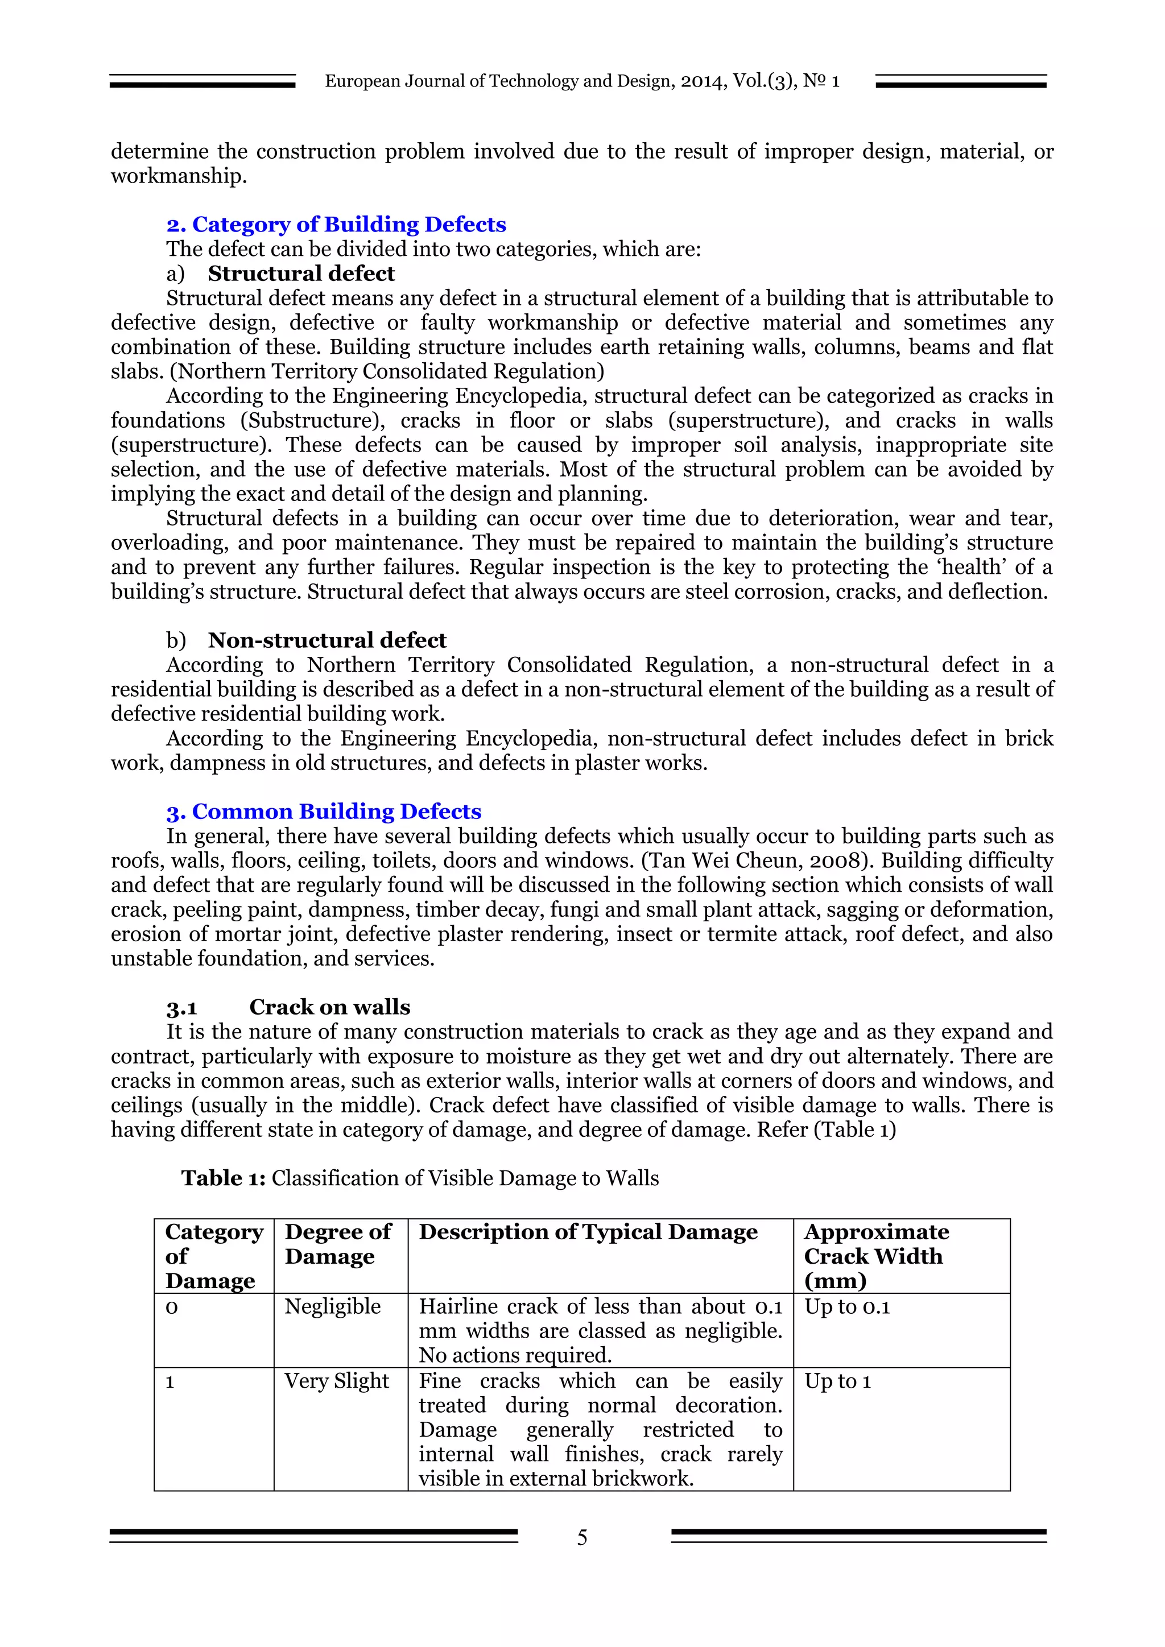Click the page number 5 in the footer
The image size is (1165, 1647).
coord(582,1537)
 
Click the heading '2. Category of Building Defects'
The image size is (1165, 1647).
coord(336,225)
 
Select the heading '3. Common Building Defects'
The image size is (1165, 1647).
coord(324,812)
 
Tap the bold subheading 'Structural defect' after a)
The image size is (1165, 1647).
coord(301,274)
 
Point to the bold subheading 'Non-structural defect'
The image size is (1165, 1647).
coord(327,640)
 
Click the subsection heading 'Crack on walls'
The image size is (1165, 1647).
coord(329,1007)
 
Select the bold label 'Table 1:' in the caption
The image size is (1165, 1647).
coord(223,1178)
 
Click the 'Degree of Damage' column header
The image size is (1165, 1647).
coord(338,1244)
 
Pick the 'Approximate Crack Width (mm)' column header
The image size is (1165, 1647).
coord(876,1256)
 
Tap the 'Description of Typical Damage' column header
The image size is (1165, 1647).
coord(588,1232)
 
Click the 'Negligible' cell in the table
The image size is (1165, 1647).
coord(332,1306)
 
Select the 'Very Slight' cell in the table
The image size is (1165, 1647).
coord(336,1381)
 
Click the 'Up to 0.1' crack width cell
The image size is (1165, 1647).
coord(846,1306)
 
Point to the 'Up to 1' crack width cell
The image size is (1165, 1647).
coord(837,1381)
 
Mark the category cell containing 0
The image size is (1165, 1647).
coord(171,1307)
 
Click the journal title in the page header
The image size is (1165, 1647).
coord(582,81)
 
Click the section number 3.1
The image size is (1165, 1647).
coord(181,1008)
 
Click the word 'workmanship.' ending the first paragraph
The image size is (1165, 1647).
coord(179,176)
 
